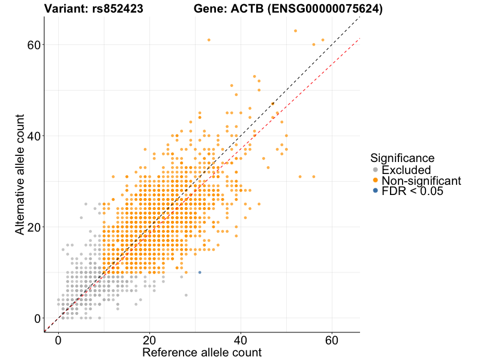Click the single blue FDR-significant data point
pos(200,272)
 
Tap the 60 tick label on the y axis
pos(29,45)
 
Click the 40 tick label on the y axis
pos(29,136)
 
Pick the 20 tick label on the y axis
pos(29,227)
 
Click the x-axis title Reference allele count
pos(202,352)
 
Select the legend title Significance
pos(402,158)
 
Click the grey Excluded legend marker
pos(376,170)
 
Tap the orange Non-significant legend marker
pos(376,180)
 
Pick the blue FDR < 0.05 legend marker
pos(376,190)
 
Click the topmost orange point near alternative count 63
pos(295,31)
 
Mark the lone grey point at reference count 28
pos(186,295)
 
